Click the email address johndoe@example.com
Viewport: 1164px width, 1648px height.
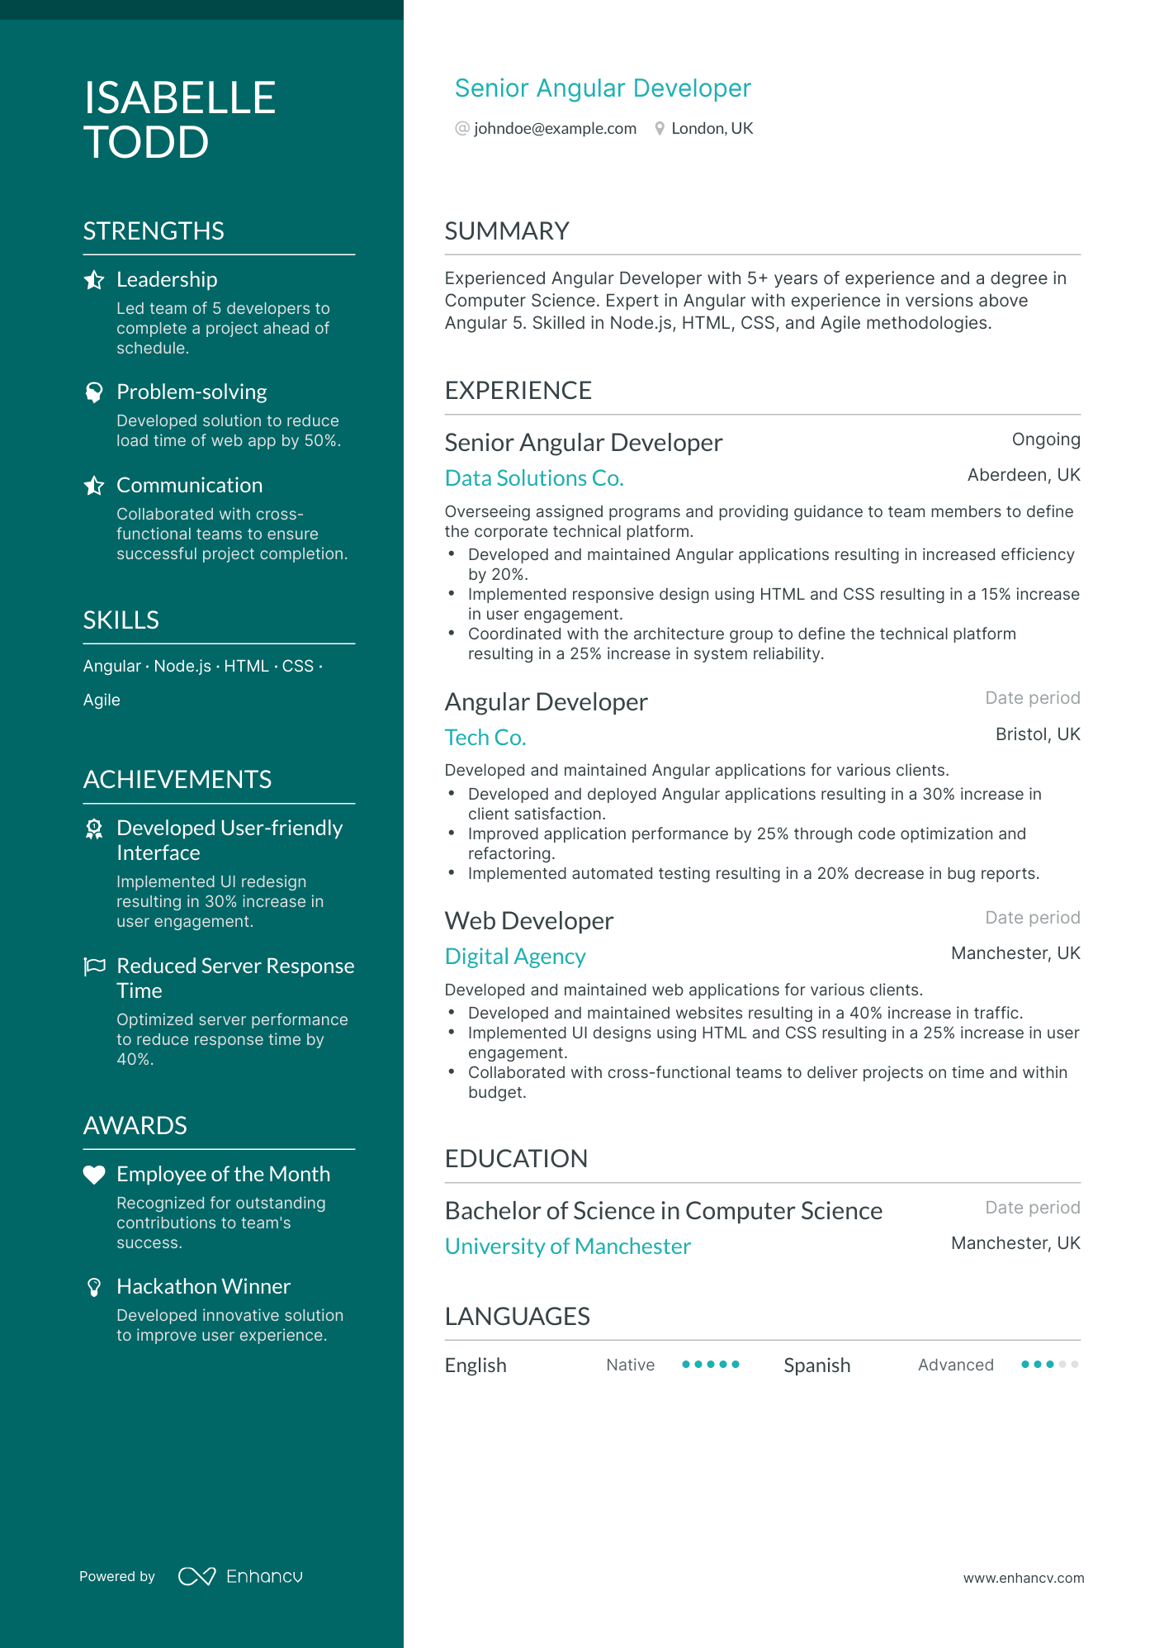(x=555, y=129)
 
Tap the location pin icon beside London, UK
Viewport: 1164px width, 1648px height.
(x=660, y=129)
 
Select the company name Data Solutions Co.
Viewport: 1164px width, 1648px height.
(x=534, y=478)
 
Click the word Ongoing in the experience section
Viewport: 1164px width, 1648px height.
(x=1045, y=439)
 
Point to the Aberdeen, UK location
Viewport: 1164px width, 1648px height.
(x=1023, y=475)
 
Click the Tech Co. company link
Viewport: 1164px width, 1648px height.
(x=485, y=738)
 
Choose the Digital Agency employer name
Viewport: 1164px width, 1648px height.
(x=515, y=957)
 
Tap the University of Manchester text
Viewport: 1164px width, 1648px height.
(x=568, y=1247)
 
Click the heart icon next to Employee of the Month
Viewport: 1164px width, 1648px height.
(x=94, y=1175)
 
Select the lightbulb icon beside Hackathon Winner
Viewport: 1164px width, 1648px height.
(x=94, y=1287)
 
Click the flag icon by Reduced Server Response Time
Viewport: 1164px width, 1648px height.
(x=94, y=966)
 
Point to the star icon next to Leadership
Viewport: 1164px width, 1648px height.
(x=94, y=280)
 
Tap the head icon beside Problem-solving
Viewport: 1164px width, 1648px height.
(x=94, y=392)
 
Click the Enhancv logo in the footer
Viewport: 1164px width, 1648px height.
(x=240, y=1576)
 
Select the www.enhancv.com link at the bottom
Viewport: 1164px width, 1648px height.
(x=1023, y=1578)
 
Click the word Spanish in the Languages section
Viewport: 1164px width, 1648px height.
(x=816, y=1365)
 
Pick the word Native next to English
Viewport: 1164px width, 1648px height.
(x=630, y=1365)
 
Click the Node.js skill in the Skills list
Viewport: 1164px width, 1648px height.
(x=182, y=667)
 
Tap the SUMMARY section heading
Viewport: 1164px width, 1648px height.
(x=507, y=231)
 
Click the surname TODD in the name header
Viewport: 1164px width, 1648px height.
(x=146, y=142)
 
